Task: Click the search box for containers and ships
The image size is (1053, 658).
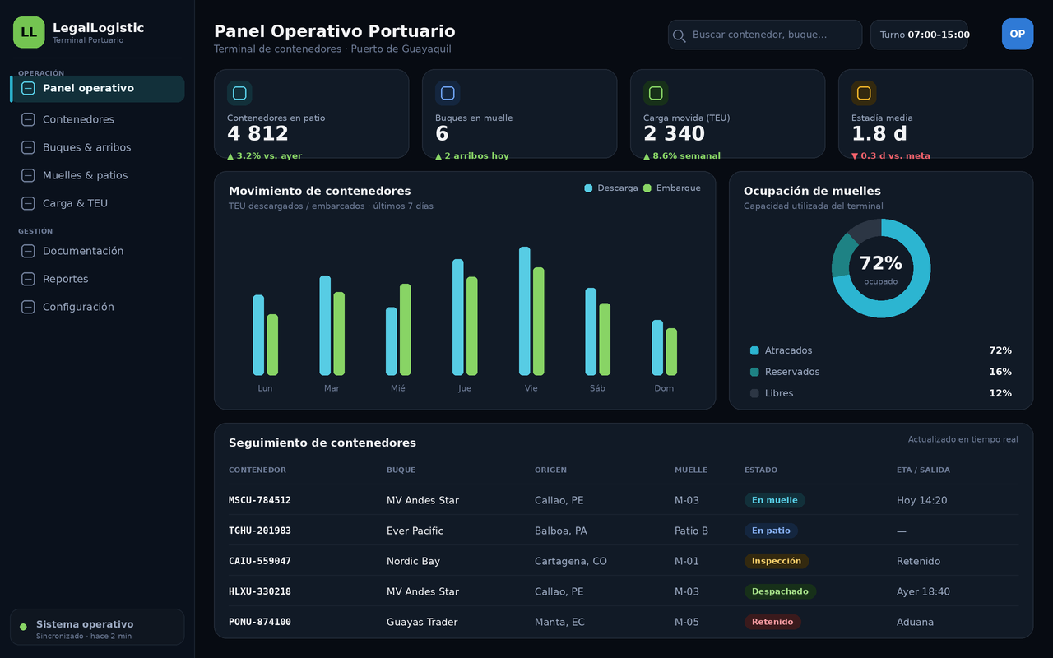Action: pos(765,35)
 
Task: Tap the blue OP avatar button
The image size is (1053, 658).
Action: pos(1018,34)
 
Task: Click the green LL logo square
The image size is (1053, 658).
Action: pos(29,32)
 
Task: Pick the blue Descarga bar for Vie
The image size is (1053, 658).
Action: pos(525,311)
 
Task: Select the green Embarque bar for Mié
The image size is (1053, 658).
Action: pos(406,330)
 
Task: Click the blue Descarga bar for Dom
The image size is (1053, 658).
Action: pos(657,348)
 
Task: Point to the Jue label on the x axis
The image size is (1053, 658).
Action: pos(465,388)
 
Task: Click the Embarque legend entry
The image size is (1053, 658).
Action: pos(672,188)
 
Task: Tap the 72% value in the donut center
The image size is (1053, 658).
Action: pos(881,263)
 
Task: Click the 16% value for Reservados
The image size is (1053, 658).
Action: pos(1000,372)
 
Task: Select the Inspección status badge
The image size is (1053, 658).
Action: pos(776,561)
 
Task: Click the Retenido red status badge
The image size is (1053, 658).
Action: pos(772,622)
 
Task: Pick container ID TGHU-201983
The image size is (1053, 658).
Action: pos(259,531)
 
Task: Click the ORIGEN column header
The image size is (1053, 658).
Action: pos(550,470)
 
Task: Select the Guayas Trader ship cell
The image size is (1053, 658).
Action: pos(422,622)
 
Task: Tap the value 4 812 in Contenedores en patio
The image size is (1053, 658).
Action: pos(257,133)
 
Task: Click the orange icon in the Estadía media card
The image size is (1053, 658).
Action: pos(864,93)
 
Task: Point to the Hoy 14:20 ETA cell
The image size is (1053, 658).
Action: pos(921,500)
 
